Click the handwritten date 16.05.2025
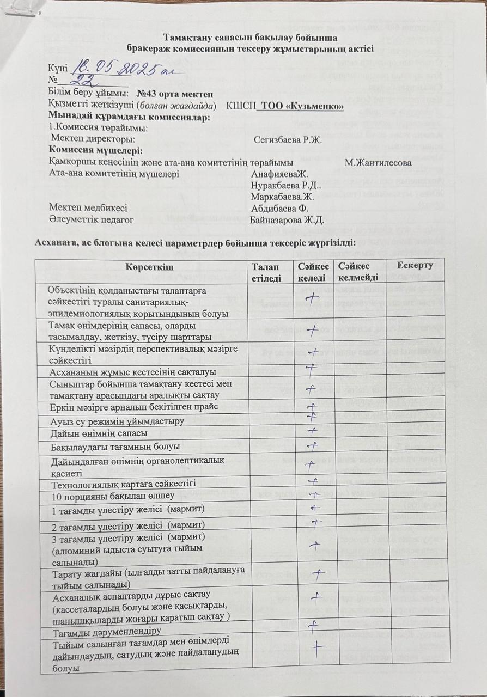click(x=115, y=69)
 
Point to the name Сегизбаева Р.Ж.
click(x=288, y=139)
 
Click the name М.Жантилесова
click(x=378, y=162)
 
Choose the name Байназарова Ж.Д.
click(x=287, y=220)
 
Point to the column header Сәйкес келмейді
click(x=357, y=271)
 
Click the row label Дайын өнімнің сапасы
click(x=99, y=433)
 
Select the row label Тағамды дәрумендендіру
click(x=106, y=632)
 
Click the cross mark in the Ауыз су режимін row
click(x=312, y=418)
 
